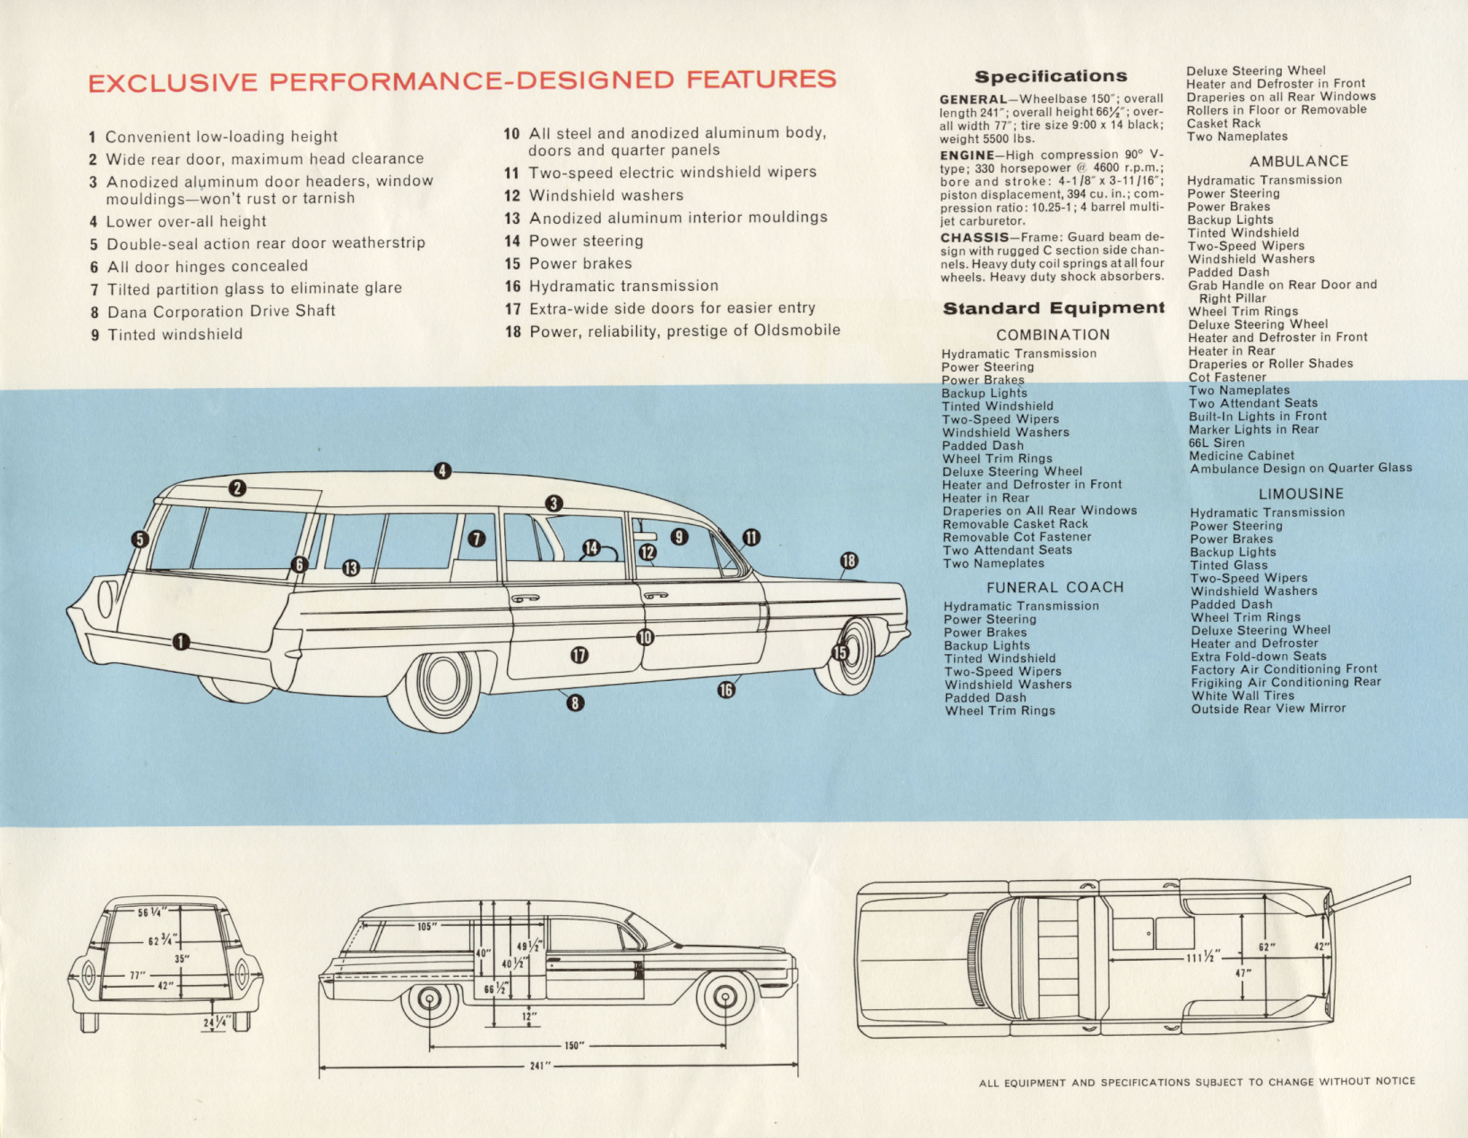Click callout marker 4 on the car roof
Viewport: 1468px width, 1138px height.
442,471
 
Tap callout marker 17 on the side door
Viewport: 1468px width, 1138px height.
579,655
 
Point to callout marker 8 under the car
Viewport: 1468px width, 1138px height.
575,703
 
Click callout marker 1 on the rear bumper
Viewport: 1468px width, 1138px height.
181,642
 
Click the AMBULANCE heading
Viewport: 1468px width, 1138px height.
1299,161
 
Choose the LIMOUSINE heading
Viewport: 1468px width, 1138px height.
1300,493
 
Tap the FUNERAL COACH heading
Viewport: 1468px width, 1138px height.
1055,587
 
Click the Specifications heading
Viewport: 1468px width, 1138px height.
1050,77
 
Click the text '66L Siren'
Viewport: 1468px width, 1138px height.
1217,442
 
